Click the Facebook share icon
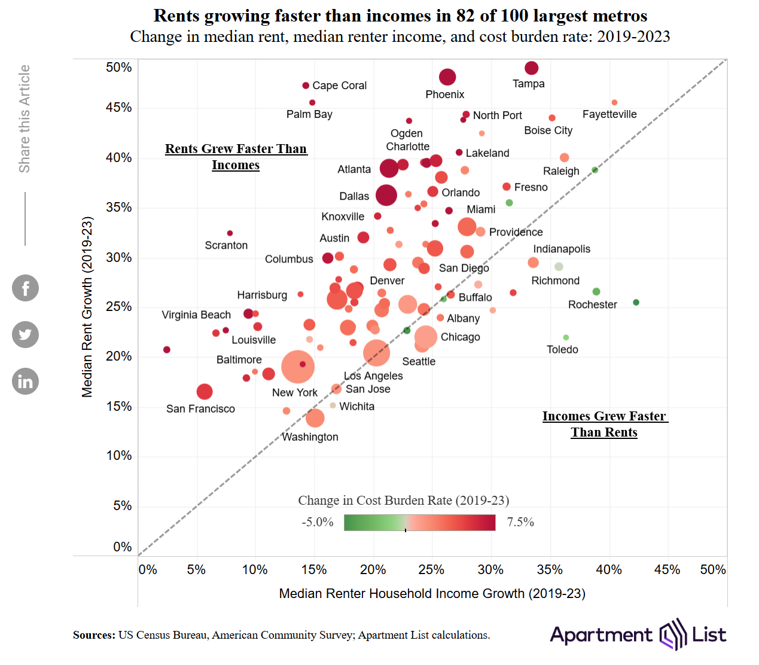coord(25,288)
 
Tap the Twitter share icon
coord(25,334)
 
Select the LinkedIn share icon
coord(25,382)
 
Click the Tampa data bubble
coord(531,68)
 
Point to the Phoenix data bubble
coord(447,77)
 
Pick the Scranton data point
coord(230,233)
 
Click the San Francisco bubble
coord(205,392)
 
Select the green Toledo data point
coord(566,338)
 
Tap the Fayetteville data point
coord(614,103)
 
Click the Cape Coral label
coord(339,86)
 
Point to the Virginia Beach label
coord(196,315)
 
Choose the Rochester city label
coord(592,304)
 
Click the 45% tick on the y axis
coord(118,108)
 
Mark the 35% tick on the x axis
coord(549,569)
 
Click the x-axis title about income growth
coord(432,593)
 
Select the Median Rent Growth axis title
coord(87,307)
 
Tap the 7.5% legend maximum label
coord(520,522)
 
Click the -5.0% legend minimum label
coord(318,522)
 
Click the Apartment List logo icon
coord(672,635)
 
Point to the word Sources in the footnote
coord(94,635)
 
